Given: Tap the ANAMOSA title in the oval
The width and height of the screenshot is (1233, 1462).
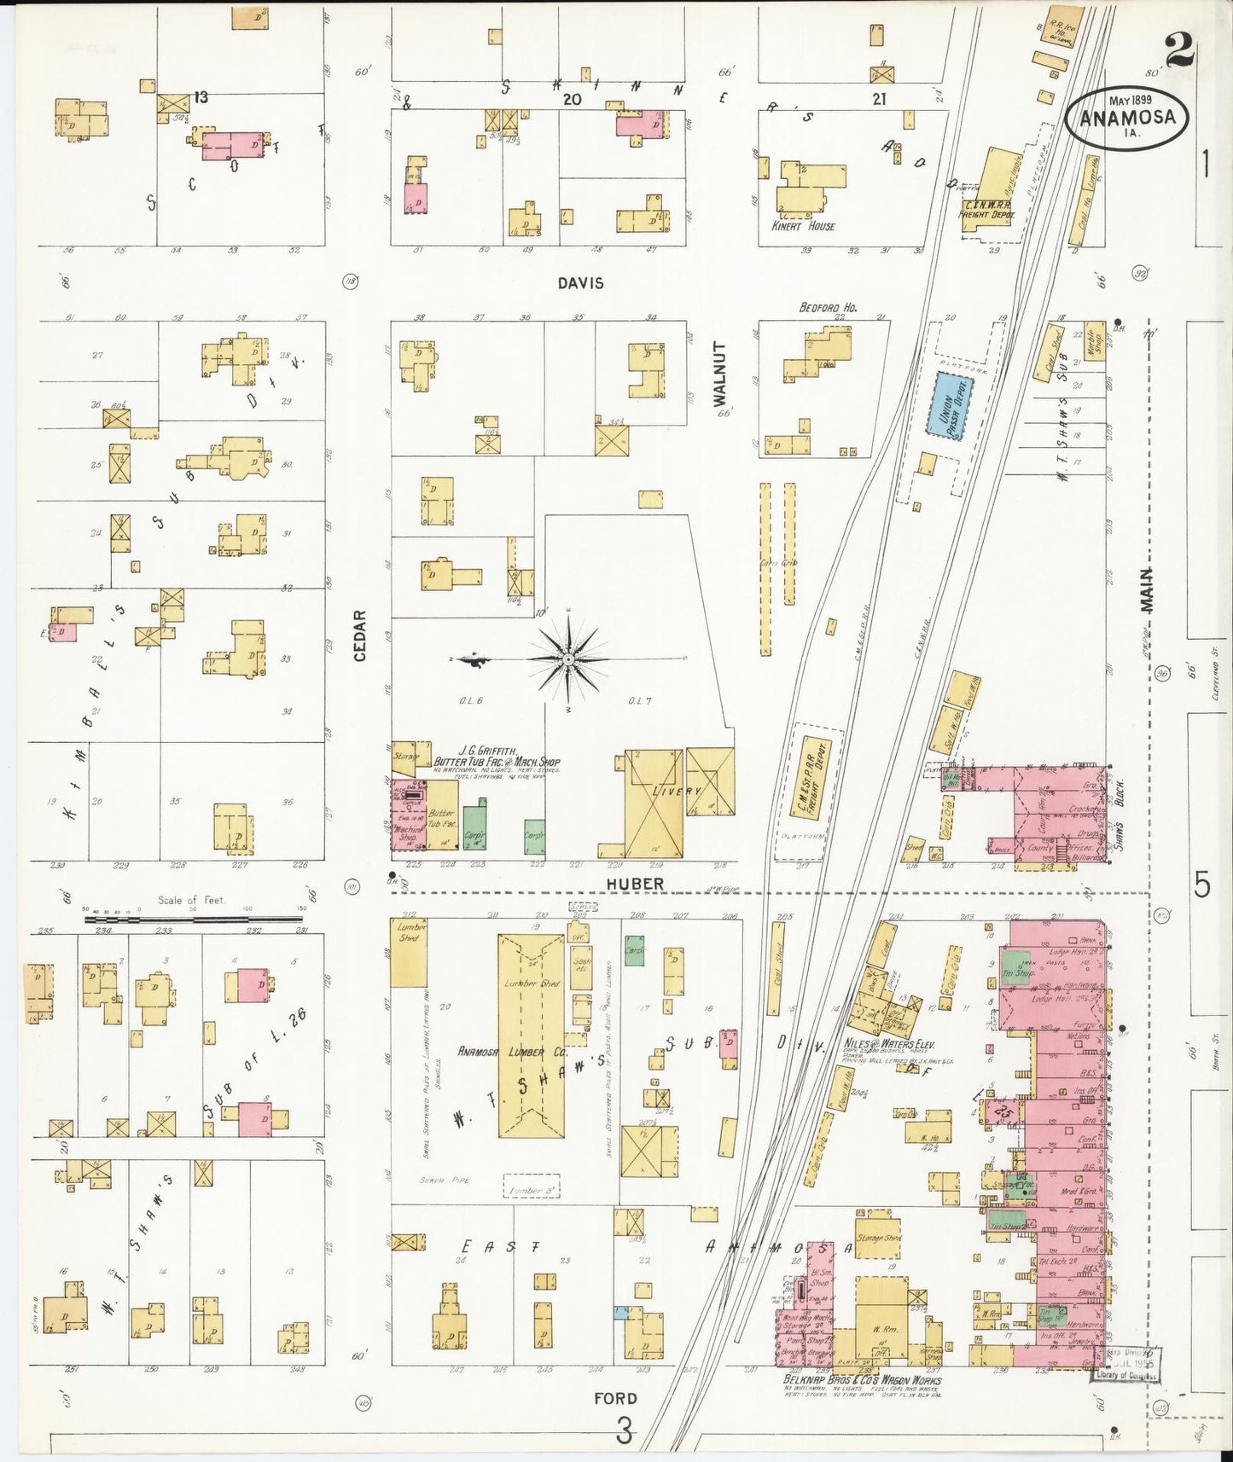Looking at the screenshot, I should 1127,119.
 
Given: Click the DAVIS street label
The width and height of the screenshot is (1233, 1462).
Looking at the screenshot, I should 581,283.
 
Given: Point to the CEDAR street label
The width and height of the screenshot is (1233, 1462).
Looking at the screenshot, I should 360,635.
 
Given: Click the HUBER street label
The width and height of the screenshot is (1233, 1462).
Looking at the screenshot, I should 636,885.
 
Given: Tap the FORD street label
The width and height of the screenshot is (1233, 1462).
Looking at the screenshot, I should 615,1398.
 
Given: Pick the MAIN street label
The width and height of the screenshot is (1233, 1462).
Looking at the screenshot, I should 1146,589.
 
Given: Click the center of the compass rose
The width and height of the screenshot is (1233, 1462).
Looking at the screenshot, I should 567,659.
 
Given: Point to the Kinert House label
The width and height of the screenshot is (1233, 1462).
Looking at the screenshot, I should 803,226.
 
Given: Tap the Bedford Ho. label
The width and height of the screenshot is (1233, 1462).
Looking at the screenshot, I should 828,307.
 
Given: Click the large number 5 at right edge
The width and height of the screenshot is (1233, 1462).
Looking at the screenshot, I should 1201,886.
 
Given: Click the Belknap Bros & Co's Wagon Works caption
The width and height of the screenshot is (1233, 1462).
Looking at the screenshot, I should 862,1380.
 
